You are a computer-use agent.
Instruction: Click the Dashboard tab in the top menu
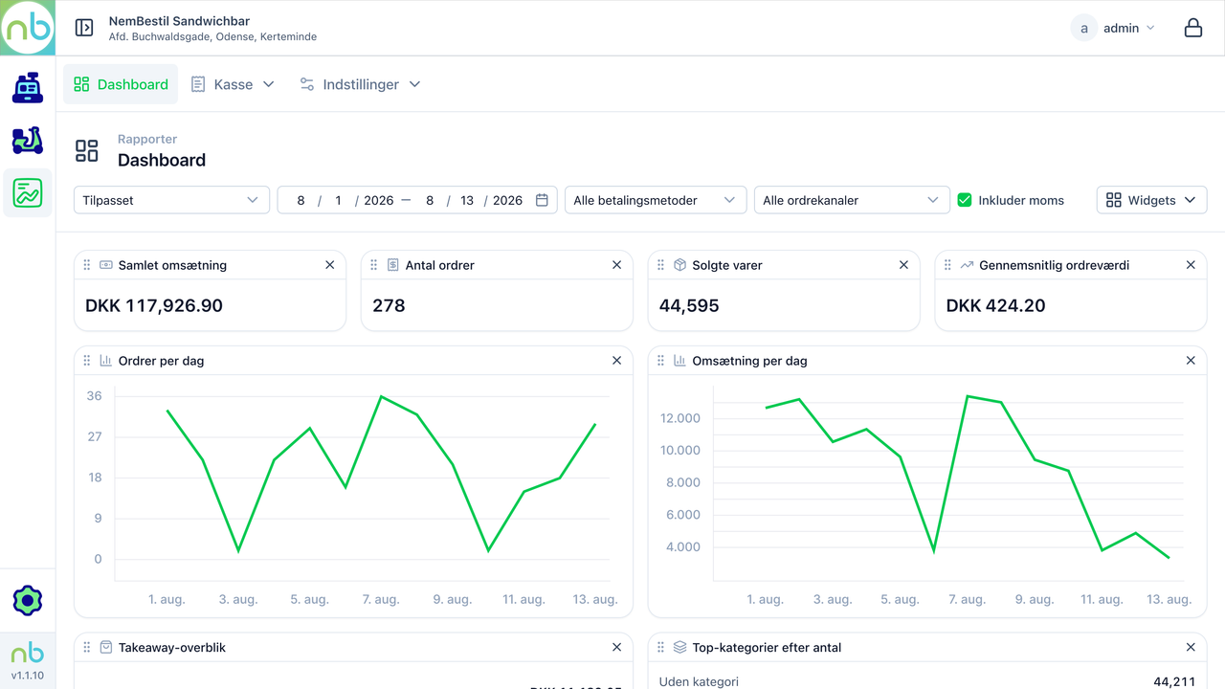121,84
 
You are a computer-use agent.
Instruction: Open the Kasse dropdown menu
233,84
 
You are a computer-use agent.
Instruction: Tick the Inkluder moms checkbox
965,200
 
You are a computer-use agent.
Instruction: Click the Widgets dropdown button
1151,200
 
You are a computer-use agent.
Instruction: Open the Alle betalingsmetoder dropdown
656,200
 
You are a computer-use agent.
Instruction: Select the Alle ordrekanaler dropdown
852,200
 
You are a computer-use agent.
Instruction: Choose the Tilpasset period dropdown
171,200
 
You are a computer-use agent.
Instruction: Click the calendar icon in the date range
542,200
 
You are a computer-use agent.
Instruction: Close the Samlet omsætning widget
330,265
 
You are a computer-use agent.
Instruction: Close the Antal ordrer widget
617,265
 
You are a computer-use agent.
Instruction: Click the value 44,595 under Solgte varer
689,305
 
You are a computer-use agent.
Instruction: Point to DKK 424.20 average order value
995,305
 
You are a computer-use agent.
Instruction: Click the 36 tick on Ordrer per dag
94,396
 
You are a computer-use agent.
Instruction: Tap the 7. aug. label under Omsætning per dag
967,599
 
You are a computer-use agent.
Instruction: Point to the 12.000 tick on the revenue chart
679,418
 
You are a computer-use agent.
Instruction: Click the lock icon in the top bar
1193,28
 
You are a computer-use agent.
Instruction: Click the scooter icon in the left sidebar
28,141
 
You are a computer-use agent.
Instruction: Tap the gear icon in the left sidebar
28,600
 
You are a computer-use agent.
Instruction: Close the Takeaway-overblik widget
617,648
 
